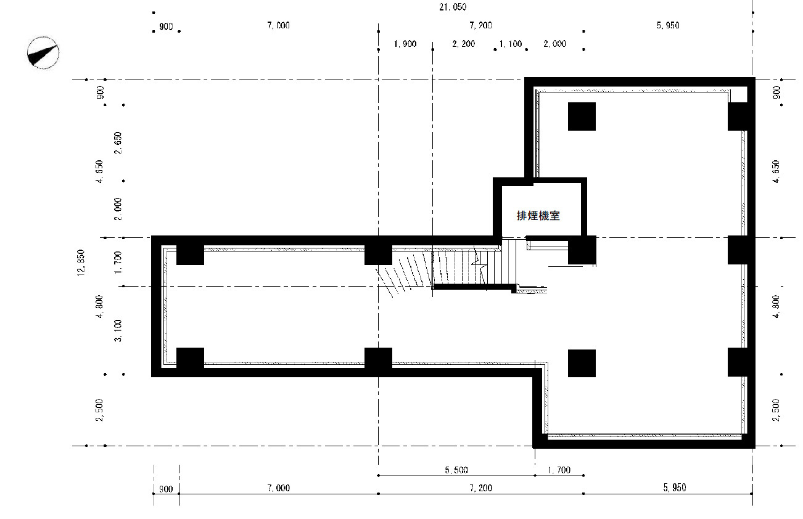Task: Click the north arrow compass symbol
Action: tap(43, 53)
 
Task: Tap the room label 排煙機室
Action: tap(538, 216)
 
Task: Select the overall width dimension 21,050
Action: tap(453, 7)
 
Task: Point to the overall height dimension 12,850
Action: tap(81, 263)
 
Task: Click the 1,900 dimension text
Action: tap(405, 44)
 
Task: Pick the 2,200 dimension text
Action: tap(464, 44)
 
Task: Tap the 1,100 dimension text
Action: tap(511, 44)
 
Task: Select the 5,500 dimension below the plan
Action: tap(456, 470)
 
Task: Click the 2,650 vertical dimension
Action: tap(118, 142)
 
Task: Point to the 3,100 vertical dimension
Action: tap(118, 330)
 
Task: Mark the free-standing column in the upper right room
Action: tap(582, 116)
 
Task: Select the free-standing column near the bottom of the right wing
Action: tap(582, 363)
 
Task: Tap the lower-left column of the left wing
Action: tap(190, 359)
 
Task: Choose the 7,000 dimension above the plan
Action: tap(279, 25)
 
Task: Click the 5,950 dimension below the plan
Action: tap(675, 488)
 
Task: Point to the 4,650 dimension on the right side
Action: tap(776, 171)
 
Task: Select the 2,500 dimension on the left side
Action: tap(99, 410)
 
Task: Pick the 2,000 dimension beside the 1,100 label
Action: tap(555, 44)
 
